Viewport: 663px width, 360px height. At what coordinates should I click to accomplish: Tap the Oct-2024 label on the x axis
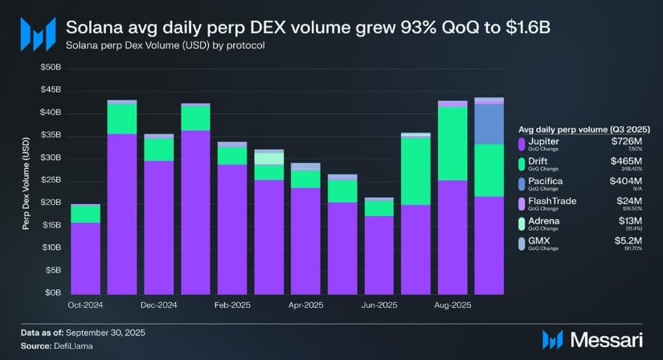coord(85,305)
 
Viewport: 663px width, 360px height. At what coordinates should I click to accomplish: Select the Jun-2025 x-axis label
coord(379,305)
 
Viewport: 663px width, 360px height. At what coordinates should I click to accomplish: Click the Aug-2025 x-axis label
coord(452,305)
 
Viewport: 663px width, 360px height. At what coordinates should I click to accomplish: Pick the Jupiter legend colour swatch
coord(522,145)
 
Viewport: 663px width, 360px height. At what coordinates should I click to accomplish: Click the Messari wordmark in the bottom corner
coord(611,340)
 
